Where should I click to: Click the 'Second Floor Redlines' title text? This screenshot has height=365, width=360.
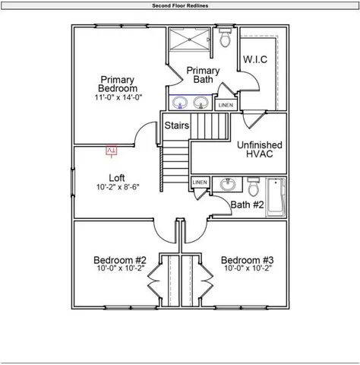180,5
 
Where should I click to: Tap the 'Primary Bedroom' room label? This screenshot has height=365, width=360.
118,84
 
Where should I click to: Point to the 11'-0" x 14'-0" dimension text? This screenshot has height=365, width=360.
118,98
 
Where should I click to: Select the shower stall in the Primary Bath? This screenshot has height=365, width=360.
188,40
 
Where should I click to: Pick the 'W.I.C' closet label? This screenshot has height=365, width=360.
255,59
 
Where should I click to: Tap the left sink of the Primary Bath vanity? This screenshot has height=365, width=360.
181,102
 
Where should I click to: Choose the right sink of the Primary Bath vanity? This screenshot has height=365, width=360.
202,102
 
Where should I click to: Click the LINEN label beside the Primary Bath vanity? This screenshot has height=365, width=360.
226,104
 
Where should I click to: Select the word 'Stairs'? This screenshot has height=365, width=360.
177,125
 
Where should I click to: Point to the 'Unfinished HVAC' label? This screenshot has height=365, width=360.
260,149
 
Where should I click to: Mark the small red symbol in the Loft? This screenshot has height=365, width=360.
111,151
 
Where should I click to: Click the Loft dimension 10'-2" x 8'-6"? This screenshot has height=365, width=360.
117,187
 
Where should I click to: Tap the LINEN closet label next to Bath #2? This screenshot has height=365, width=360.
200,182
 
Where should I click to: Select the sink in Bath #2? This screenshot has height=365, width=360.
226,185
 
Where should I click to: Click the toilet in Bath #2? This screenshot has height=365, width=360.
254,186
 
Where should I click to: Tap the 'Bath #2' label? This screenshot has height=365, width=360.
247,205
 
